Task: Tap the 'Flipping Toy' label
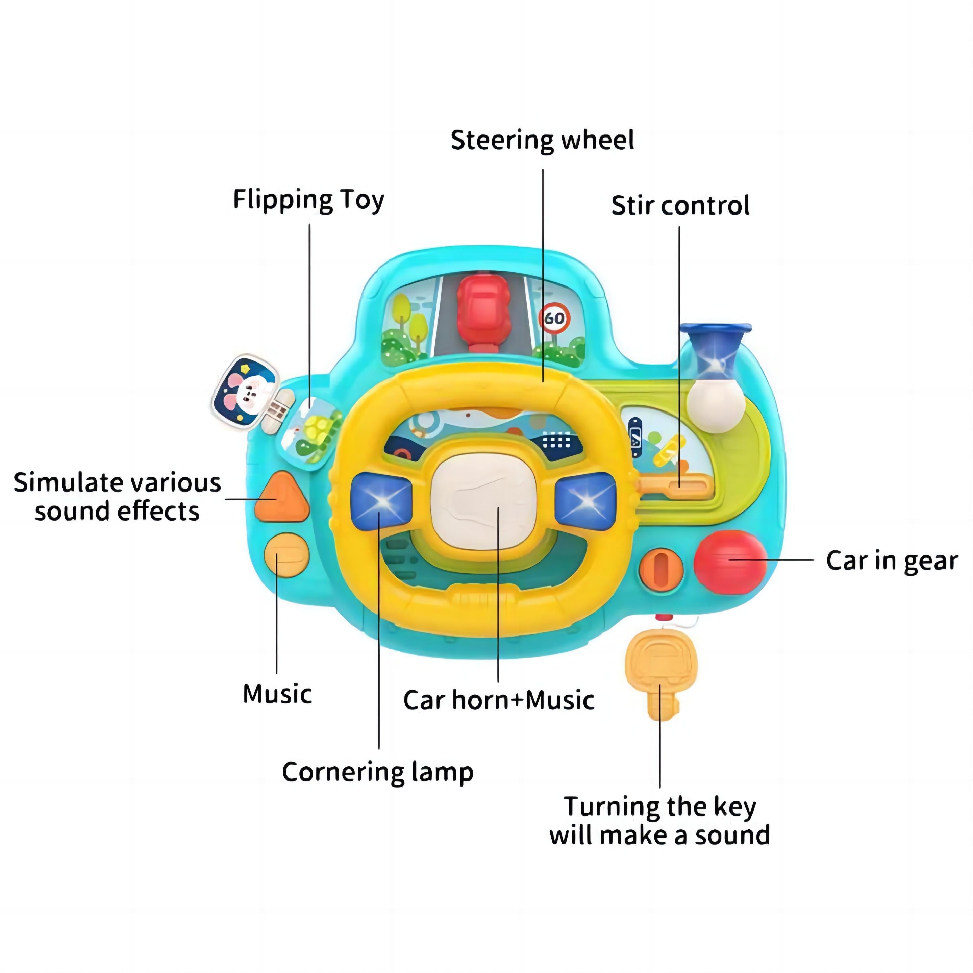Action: click(x=308, y=200)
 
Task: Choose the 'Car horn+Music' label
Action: click(x=499, y=700)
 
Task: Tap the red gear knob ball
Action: click(x=730, y=563)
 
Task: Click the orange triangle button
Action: click(x=281, y=498)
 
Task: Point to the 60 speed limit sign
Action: click(x=554, y=318)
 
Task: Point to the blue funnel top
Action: click(x=715, y=332)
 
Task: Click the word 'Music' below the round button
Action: click(x=277, y=694)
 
